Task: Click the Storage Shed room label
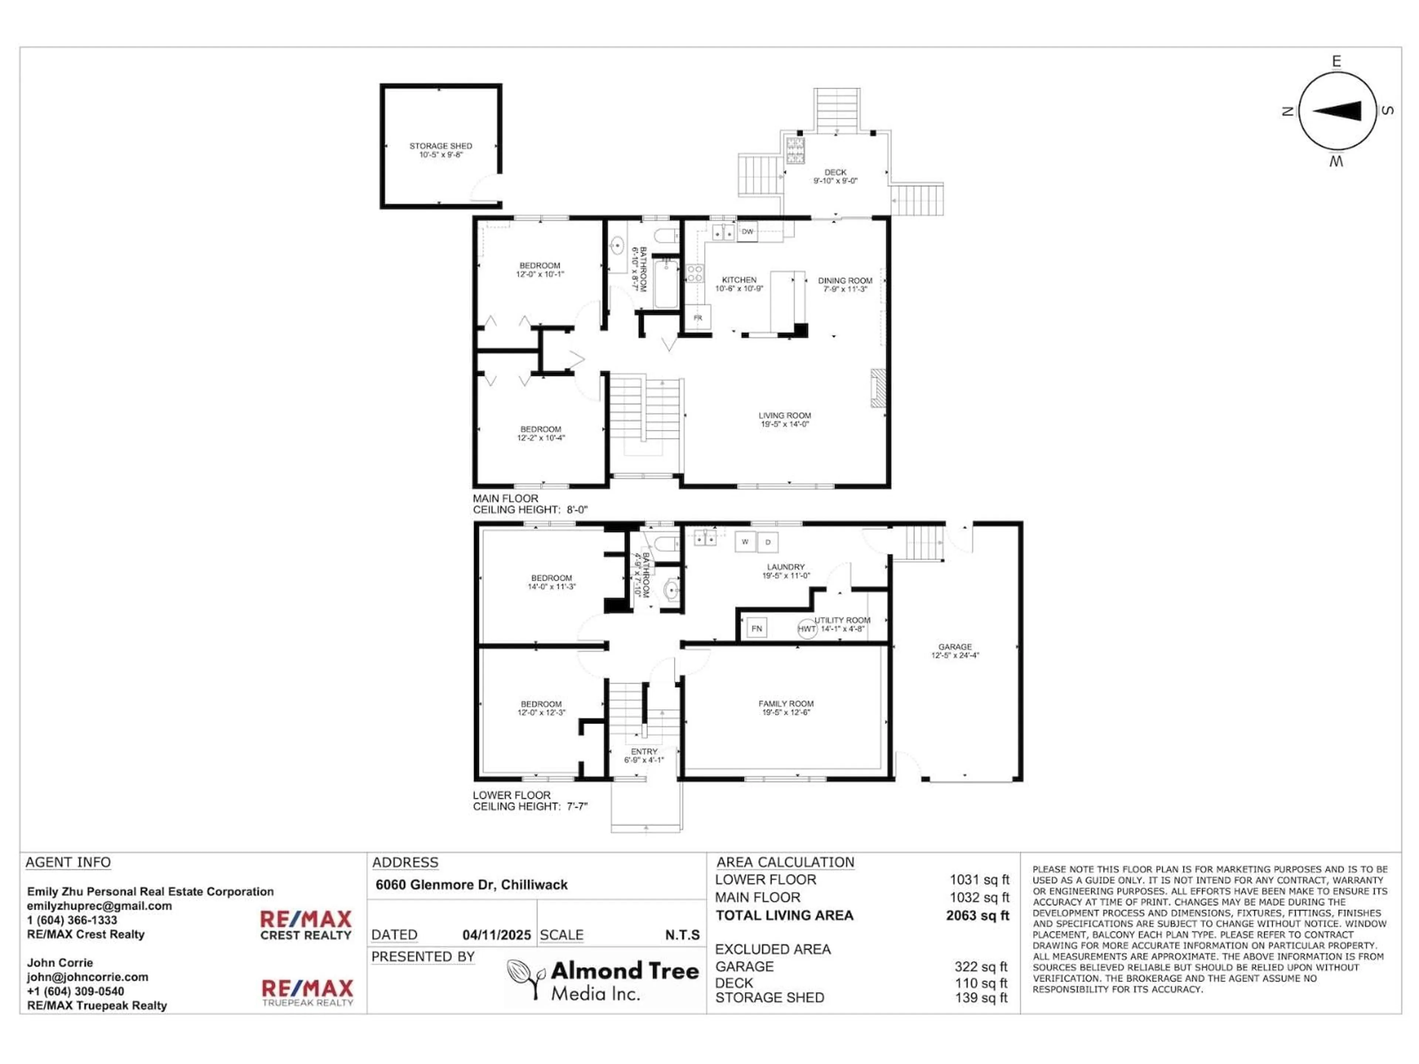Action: coord(441,146)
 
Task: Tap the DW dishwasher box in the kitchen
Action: coord(747,232)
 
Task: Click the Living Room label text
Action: coord(785,416)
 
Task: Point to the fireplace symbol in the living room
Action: coord(878,388)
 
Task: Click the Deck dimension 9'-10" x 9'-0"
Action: coord(835,181)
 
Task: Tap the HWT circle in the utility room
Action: coord(806,628)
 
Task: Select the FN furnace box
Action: coord(756,628)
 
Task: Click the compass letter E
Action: coord(1336,62)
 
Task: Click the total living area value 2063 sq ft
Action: coord(977,915)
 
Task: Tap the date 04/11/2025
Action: coord(497,935)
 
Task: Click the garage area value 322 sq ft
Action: coord(980,966)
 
